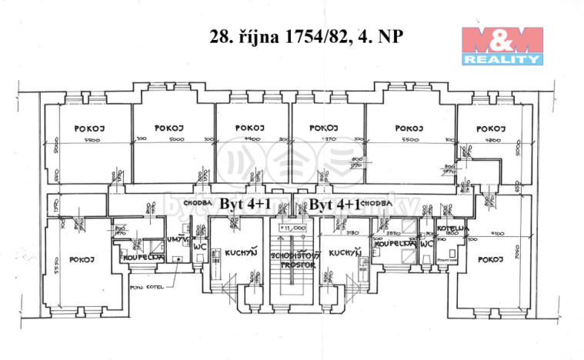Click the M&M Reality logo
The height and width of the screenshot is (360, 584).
pyautogui.click(x=502, y=45)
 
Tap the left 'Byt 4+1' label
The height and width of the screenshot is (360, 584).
pyautogui.click(x=242, y=203)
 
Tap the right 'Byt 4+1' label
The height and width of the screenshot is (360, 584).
pyautogui.click(x=335, y=203)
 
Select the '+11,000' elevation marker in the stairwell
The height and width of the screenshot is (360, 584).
pyautogui.click(x=292, y=228)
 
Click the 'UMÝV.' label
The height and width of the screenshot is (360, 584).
pyautogui.click(x=175, y=241)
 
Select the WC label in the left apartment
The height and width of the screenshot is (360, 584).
pyautogui.click(x=199, y=246)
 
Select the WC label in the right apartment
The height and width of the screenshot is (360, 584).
pyautogui.click(x=425, y=245)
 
